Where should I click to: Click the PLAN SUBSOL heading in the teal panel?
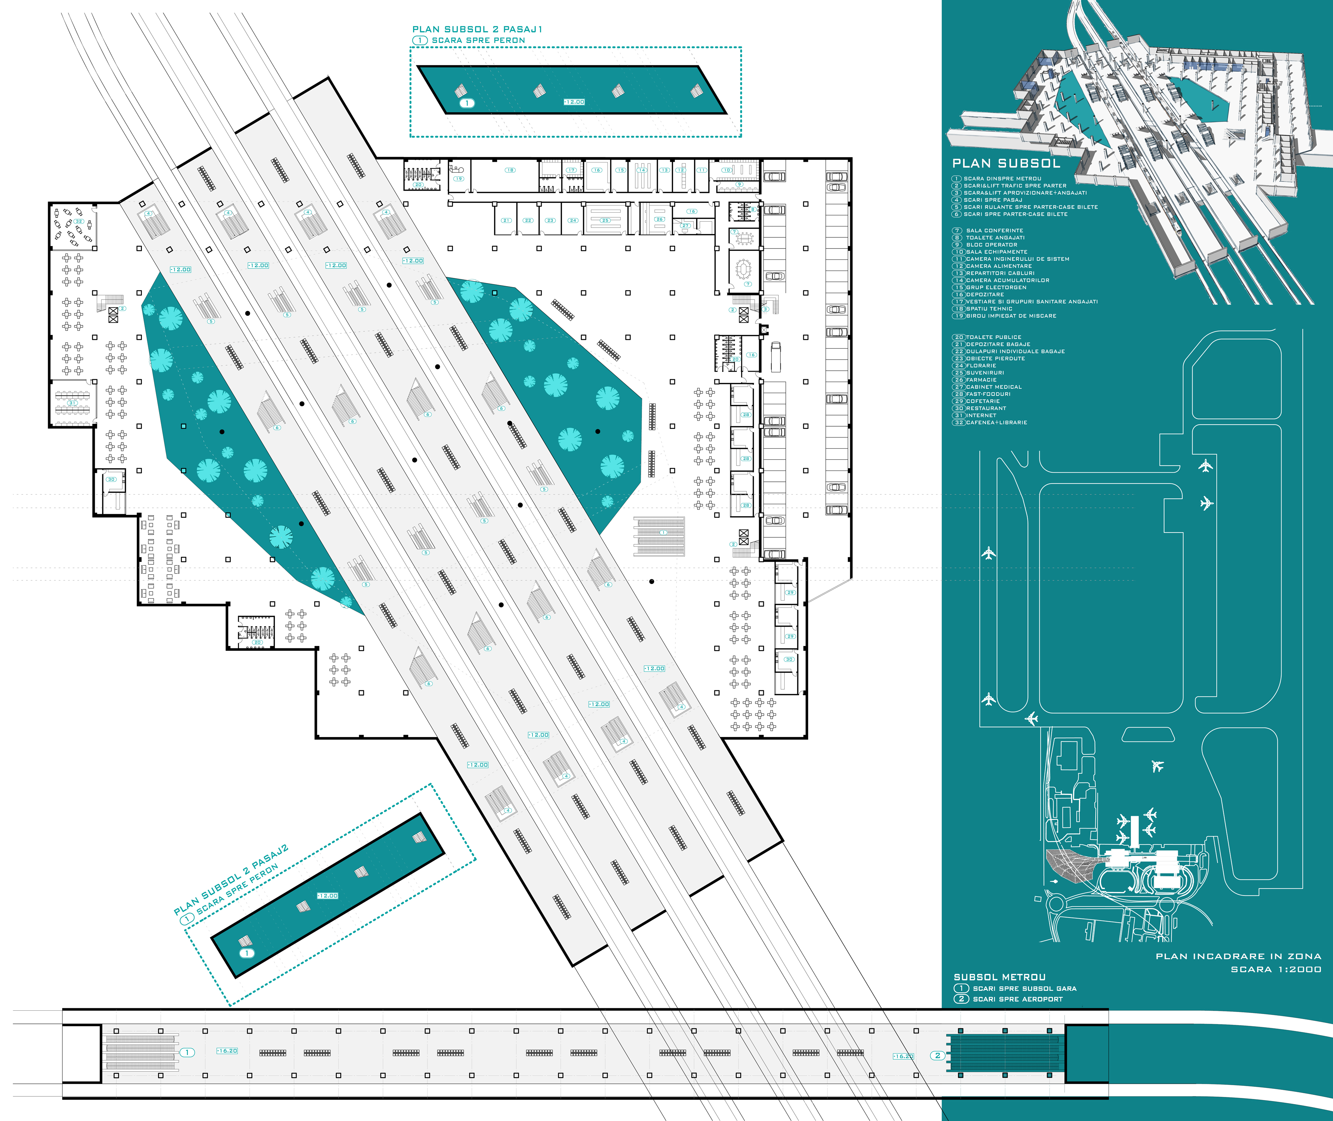(1006, 163)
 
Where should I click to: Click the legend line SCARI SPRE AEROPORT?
(1016, 999)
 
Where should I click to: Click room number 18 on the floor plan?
(510, 170)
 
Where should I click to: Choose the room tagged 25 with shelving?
(604, 220)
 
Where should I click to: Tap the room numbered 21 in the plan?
(507, 220)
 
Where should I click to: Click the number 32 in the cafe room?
(79, 221)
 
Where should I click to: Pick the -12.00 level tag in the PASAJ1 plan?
(574, 102)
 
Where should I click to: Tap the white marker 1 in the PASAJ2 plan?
(246, 953)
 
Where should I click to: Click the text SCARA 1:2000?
(1276, 969)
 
